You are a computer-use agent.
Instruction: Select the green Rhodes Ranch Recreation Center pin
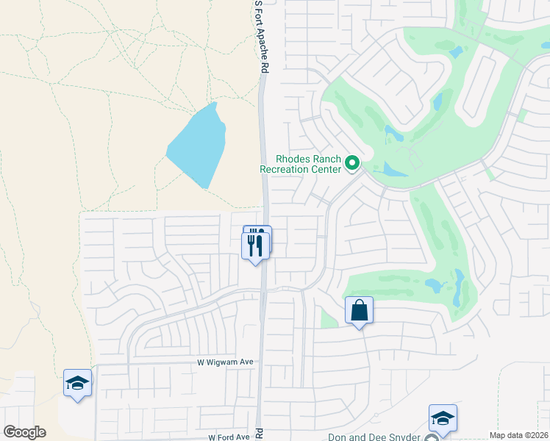(352, 163)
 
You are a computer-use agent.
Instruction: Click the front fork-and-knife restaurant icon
(255, 244)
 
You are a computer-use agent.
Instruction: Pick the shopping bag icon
(359, 310)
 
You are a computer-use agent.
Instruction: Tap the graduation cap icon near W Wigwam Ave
(77, 383)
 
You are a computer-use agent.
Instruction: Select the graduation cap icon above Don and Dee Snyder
(443, 418)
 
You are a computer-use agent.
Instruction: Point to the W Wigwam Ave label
(225, 362)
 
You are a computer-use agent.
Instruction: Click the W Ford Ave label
(229, 437)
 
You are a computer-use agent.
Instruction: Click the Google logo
(24, 432)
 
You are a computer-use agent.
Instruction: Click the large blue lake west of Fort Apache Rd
(197, 146)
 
